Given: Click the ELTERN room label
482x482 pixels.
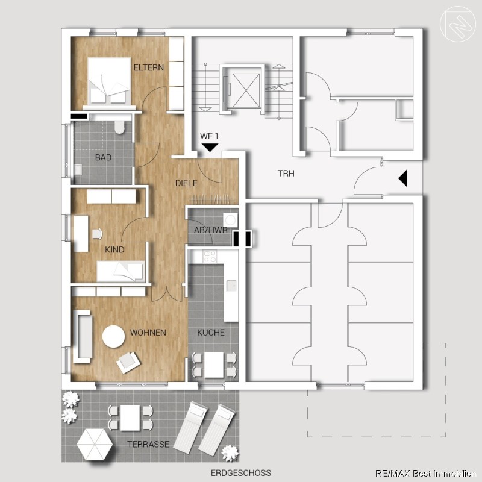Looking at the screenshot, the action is [148, 67].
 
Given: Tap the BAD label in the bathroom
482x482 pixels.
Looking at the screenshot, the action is [103, 157].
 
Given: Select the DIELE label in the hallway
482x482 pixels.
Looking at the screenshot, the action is [186, 183].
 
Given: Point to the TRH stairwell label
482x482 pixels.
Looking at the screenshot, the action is [286, 174].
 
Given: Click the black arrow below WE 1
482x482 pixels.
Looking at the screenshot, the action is [210, 147].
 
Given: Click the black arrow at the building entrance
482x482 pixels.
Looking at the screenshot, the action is [402, 178].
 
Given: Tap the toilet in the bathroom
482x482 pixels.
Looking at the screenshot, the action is [119, 127].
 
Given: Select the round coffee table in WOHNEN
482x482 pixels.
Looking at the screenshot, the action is [114, 337].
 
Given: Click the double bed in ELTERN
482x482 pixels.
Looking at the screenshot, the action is [109, 81].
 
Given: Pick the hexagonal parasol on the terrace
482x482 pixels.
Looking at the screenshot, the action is [95, 444].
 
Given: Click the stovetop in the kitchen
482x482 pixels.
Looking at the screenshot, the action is [209, 257].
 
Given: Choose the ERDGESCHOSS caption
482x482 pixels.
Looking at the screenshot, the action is [241, 472].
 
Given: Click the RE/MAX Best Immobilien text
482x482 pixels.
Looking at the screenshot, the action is [425, 474].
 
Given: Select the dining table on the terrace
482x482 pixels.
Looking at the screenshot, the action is [131, 418].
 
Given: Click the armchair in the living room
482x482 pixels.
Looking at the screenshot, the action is [128, 363].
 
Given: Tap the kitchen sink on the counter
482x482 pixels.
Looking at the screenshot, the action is [231, 285].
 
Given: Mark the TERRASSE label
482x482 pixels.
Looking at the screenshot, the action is [148, 444].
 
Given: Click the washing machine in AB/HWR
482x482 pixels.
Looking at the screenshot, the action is [230, 221].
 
